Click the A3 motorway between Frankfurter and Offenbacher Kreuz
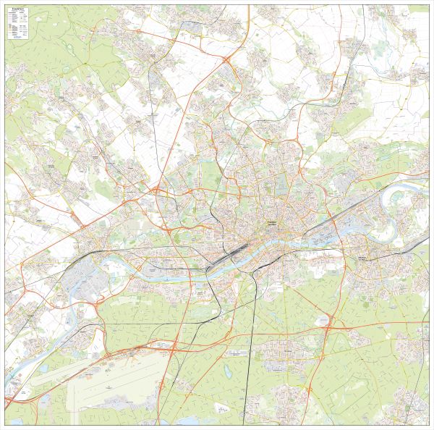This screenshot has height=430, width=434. (253, 334)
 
